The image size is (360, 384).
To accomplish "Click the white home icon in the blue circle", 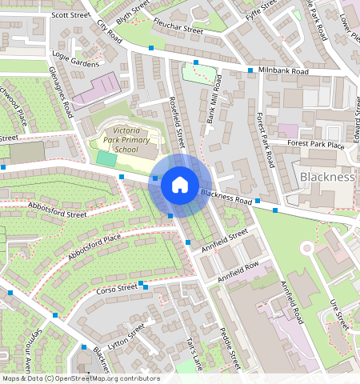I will click(x=180, y=186).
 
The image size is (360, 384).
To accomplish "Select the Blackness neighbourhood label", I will click(x=326, y=176).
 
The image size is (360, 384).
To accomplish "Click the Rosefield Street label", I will click(x=177, y=120).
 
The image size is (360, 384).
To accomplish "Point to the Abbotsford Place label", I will click(x=94, y=247).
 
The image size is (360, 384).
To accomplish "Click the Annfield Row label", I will click(x=238, y=272).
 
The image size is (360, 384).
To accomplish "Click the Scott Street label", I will click(x=69, y=14).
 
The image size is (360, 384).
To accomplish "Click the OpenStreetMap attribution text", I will click(x=81, y=378).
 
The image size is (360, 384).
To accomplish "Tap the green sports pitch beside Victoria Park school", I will click(x=106, y=158).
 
